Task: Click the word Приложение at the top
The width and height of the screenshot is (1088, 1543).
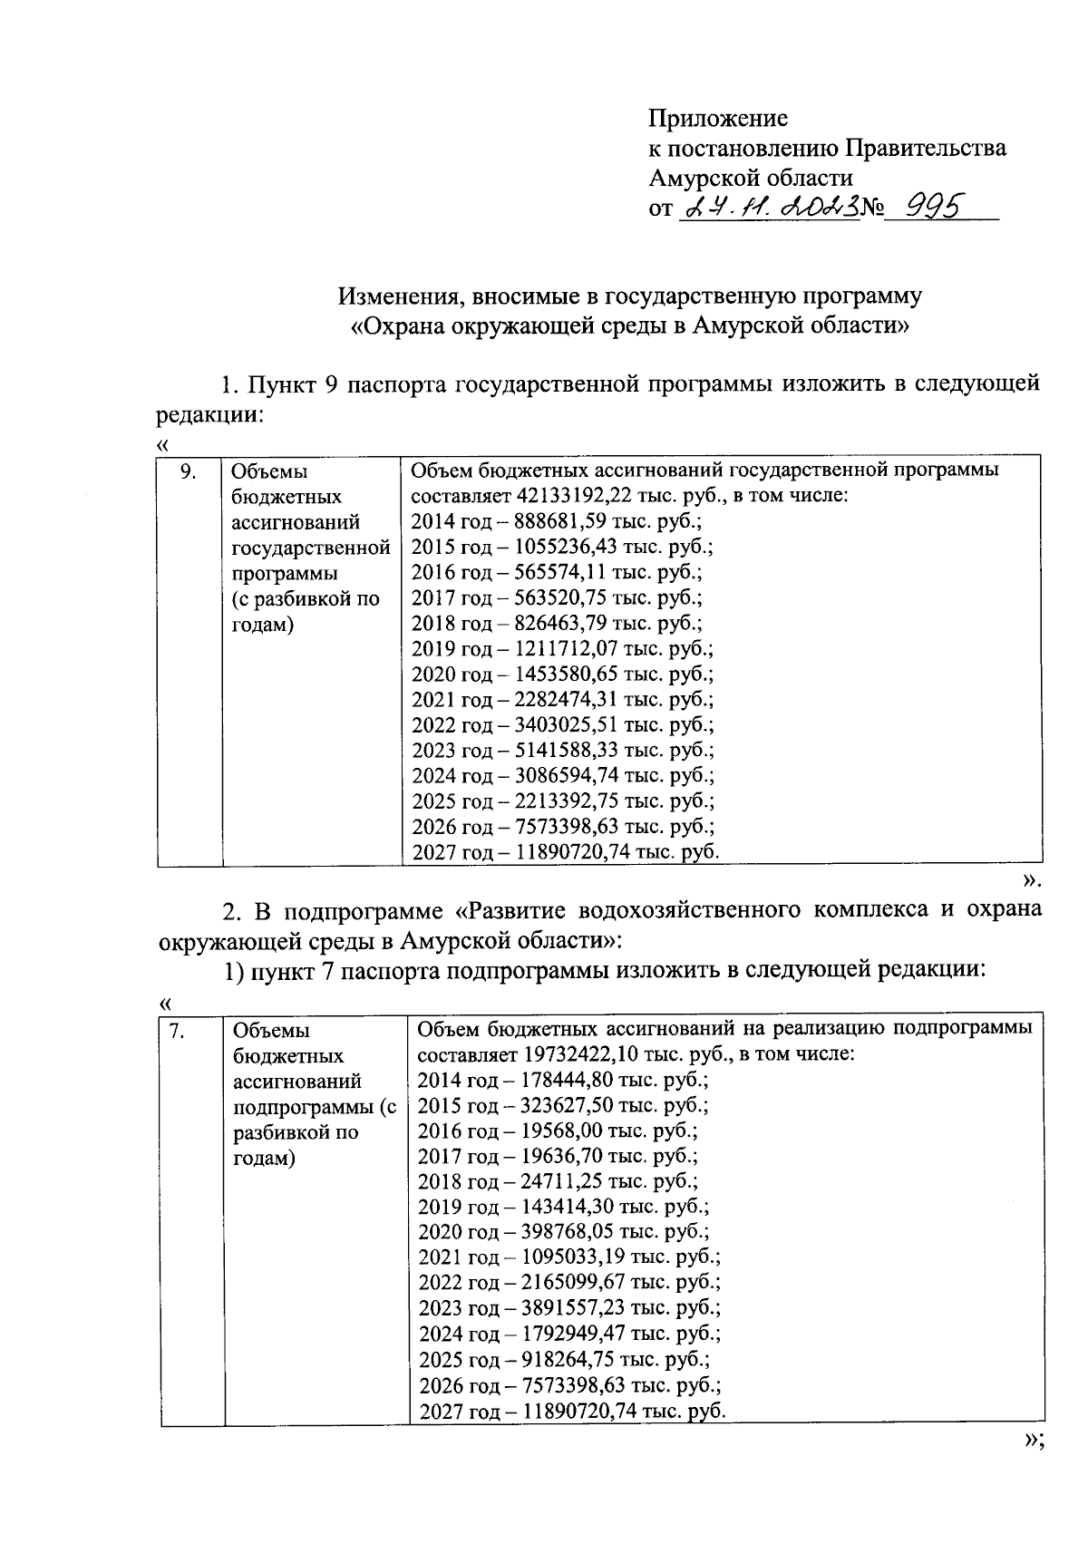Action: [x=718, y=119]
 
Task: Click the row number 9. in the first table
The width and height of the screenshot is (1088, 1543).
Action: [x=188, y=471]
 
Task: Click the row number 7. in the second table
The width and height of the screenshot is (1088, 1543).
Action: [x=179, y=1031]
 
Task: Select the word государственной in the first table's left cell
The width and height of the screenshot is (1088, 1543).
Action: [x=311, y=548]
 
